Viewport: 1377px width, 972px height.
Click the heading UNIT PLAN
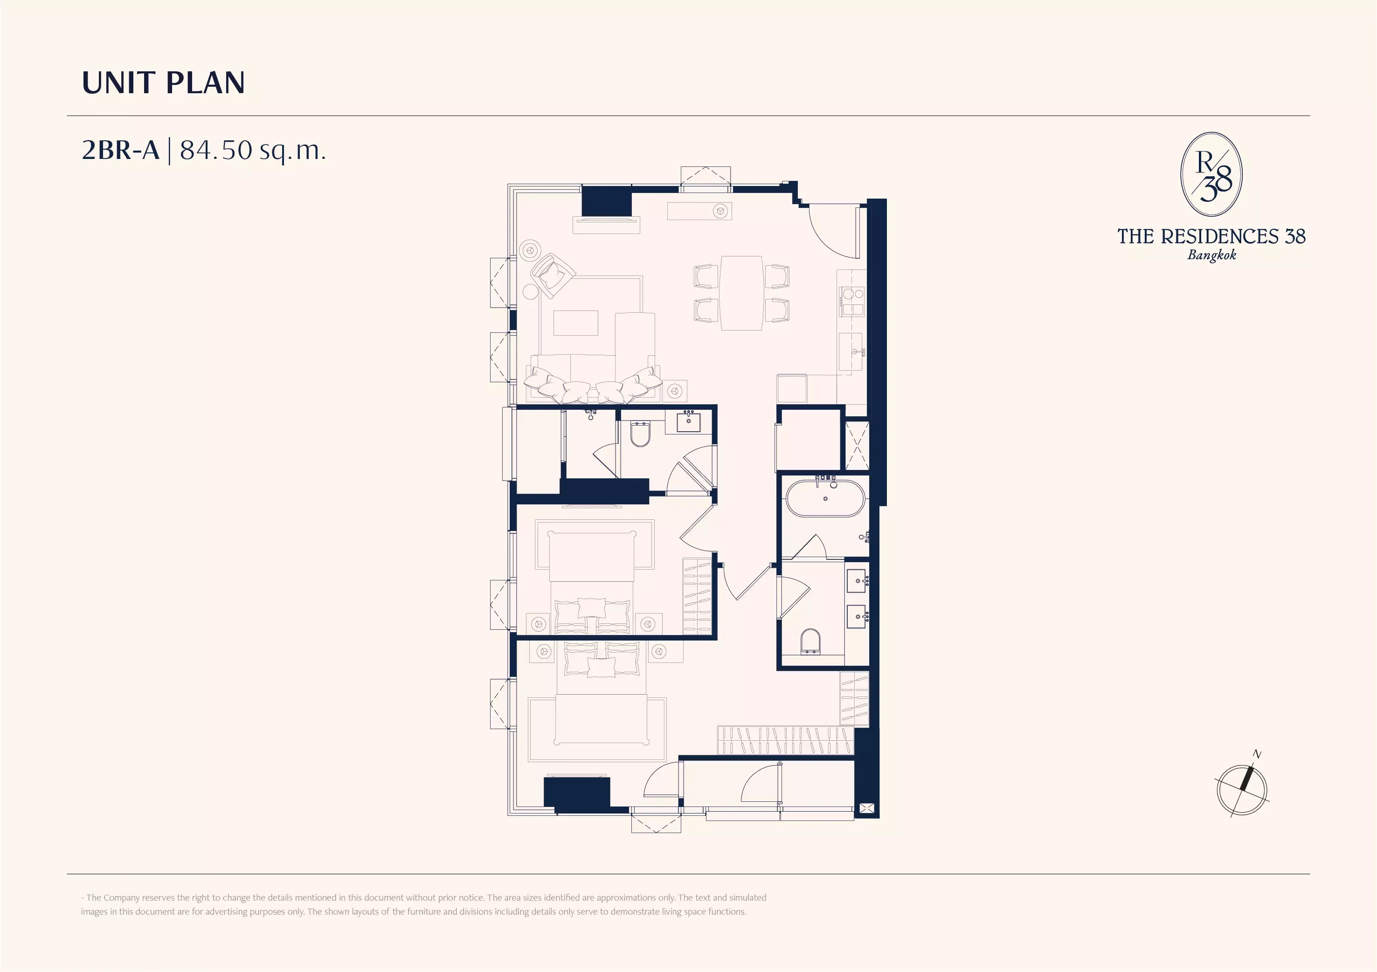163,83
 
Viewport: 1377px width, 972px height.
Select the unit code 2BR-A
121,150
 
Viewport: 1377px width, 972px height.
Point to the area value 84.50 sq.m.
252,151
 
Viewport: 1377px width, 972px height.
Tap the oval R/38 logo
1211,174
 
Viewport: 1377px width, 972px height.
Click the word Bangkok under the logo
1211,255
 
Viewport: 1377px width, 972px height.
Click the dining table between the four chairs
741,293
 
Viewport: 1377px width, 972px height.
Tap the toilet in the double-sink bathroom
810,641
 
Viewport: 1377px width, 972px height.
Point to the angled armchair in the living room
553,275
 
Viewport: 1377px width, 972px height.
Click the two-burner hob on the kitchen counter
851,300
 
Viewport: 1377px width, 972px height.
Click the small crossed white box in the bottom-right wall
866,808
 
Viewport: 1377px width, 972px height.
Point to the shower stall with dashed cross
857,446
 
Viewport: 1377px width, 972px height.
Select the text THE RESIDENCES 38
1211,236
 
